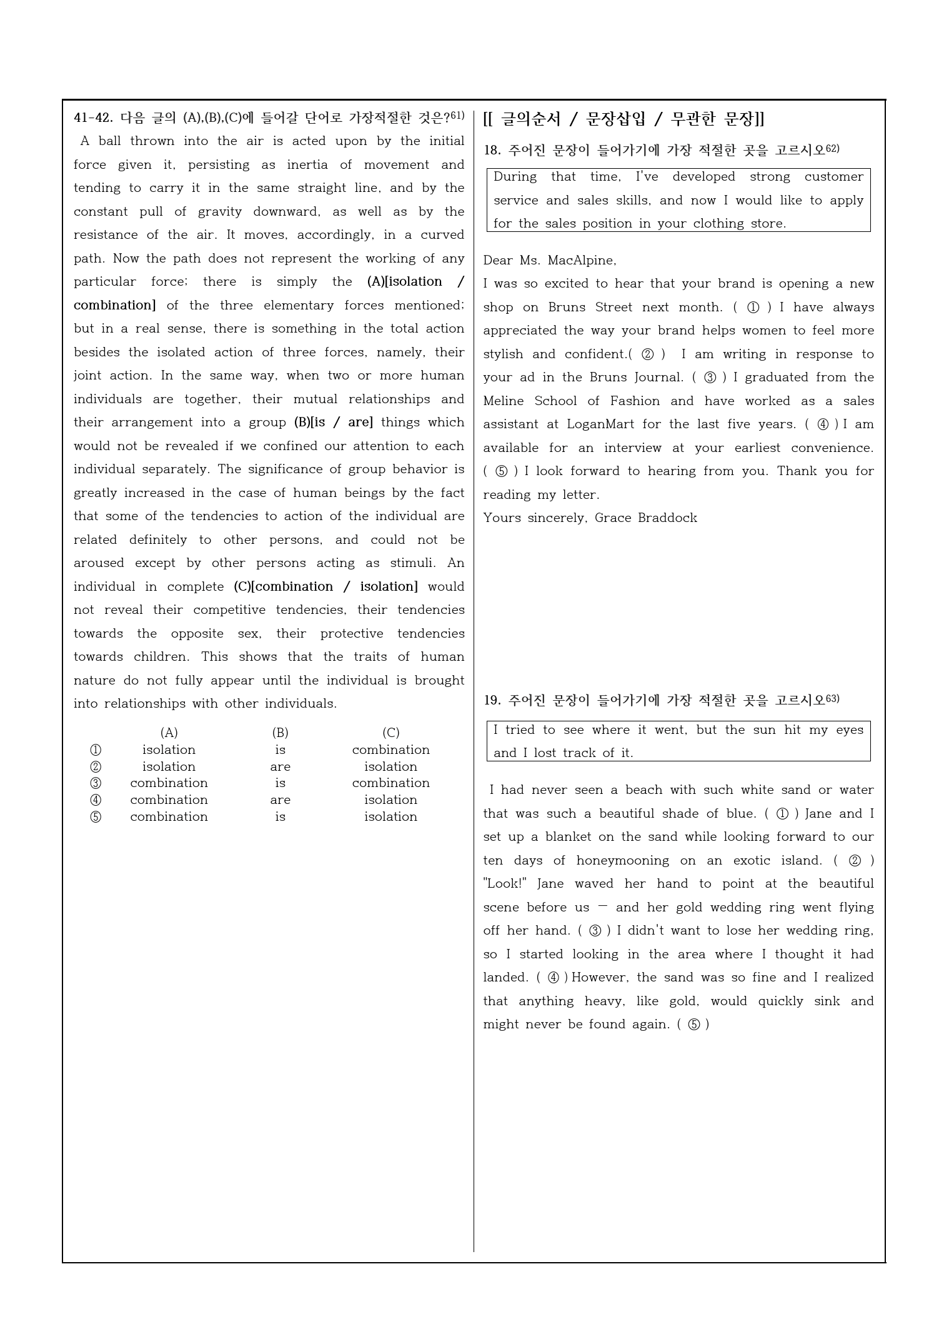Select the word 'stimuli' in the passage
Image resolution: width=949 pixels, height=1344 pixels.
[x=412, y=563]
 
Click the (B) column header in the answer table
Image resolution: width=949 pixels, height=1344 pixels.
[x=280, y=733]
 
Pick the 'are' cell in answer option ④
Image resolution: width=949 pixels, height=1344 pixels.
[x=280, y=800]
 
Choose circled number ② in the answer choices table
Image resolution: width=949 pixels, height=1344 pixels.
[x=96, y=766]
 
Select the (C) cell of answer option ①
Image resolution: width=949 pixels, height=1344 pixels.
[x=390, y=750]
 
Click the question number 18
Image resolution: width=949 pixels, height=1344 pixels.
[x=492, y=150]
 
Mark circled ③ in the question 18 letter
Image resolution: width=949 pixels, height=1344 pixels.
[x=710, y=378]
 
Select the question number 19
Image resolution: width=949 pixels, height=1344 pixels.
[x=492, y=700]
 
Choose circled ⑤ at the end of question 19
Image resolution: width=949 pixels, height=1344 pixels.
[x=693, y=1025]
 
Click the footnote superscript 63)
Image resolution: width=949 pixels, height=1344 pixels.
[x=833, y=698]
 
